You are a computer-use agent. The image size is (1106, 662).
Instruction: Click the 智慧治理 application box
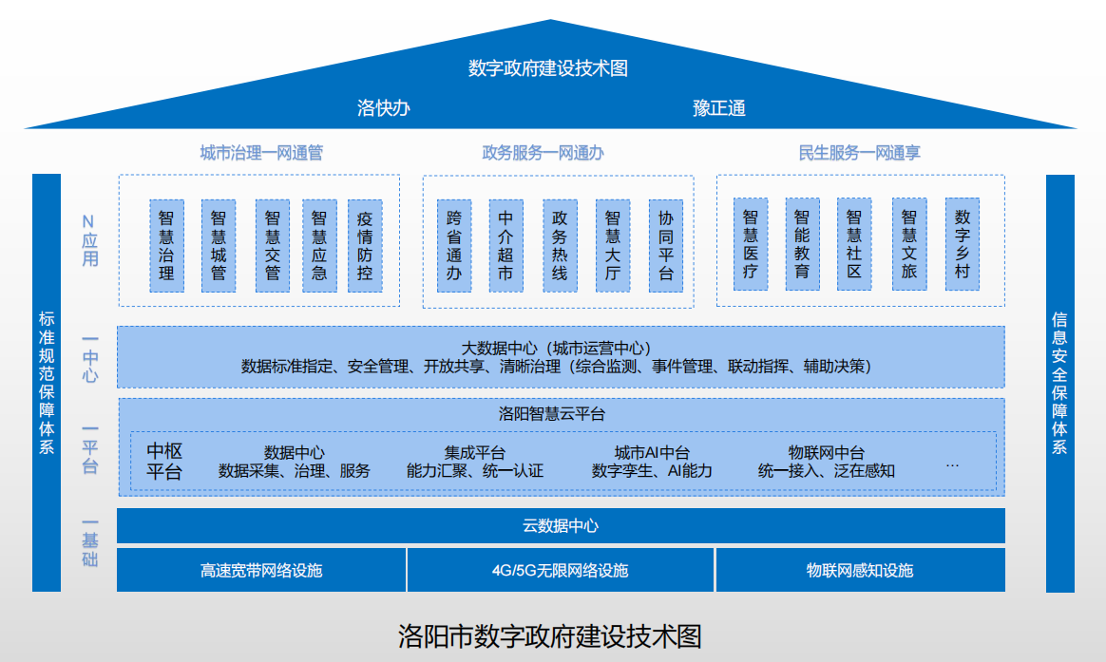[166, 245]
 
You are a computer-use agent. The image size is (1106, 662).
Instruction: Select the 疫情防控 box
[365, 245]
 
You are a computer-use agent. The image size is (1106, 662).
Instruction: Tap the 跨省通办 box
[453, 245]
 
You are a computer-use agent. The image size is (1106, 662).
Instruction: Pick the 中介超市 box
[505, 245]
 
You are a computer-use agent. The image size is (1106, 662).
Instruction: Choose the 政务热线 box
[560, 245]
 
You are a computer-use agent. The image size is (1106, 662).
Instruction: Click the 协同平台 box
[665, 245]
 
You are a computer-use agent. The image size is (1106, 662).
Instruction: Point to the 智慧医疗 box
[751, 245]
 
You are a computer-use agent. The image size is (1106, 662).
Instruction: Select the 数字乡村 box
[962, 245]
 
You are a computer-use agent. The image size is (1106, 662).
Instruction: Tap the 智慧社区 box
[854, 245]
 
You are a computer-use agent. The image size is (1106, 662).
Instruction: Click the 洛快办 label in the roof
[383, 107]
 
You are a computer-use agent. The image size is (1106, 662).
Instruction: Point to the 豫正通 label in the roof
[719, 107]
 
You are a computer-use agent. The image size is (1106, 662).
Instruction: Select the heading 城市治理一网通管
[261, 153]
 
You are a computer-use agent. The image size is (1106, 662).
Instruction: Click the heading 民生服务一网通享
[860, 153]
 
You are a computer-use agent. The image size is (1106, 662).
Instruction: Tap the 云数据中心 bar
[561, 525]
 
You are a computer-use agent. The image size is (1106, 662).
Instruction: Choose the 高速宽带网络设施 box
[261, 570]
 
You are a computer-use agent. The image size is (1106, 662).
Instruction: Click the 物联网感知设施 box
[860, 570]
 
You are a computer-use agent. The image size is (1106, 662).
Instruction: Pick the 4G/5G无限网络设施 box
[561, 570]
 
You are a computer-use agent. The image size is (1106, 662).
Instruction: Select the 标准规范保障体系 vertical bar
[47, 383]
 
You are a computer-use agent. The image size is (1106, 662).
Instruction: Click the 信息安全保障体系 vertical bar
[1059, 383]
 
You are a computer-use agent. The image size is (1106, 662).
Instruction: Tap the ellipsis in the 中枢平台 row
[953, 464]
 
